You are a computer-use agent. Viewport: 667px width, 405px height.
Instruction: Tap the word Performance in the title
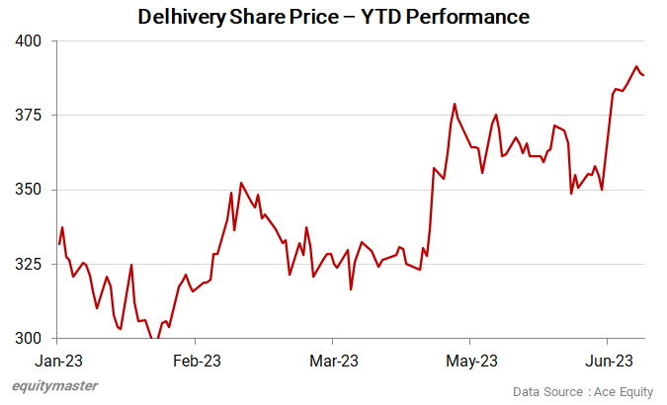click(x=471, y=17)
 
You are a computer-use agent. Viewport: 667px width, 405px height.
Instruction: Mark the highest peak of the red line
click(x=636, y=66)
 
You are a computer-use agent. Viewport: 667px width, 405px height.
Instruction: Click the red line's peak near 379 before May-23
click(x=455, y=104)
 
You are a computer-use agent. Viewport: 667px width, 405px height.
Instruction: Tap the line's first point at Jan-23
click(x=59, y=243)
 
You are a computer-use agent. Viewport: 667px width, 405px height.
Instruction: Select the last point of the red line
click(x=644, y=75)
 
